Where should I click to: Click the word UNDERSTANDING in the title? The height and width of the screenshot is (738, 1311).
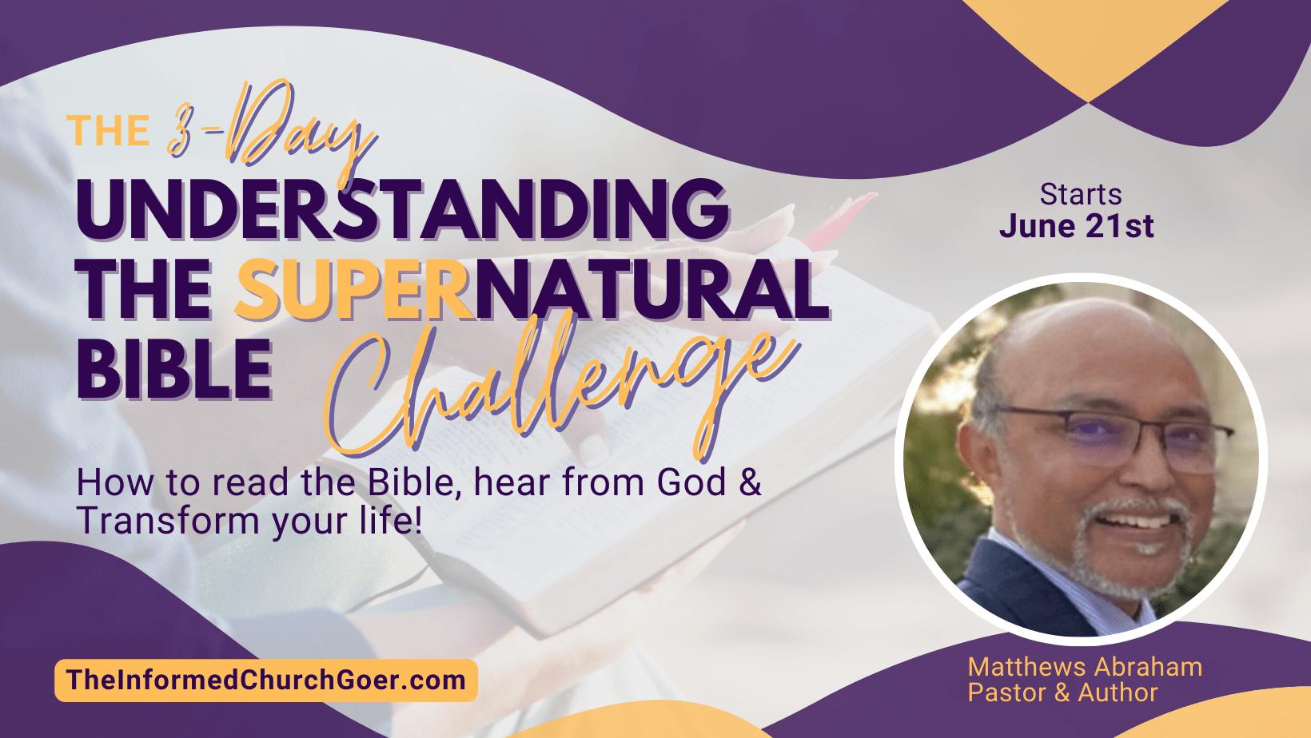pos(403,208)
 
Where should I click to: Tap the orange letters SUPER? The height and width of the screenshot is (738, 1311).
pos(354,290)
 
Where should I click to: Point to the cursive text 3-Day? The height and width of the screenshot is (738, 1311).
pos(270,129)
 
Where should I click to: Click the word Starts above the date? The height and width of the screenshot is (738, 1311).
pos(1081,195)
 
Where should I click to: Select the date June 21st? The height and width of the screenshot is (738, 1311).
pos(1076,226)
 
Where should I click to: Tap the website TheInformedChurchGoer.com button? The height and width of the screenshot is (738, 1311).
pos(266,680)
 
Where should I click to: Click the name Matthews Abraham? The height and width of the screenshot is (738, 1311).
pos(1085,667)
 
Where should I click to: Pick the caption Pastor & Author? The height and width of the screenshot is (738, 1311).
pos(1062,693)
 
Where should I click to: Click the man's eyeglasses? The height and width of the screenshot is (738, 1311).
pos(1112,438)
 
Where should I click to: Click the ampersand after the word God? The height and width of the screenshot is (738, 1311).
pos(750,482)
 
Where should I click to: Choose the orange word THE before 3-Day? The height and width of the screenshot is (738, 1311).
pos(108,130)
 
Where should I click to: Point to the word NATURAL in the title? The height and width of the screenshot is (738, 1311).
pos(652,290)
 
